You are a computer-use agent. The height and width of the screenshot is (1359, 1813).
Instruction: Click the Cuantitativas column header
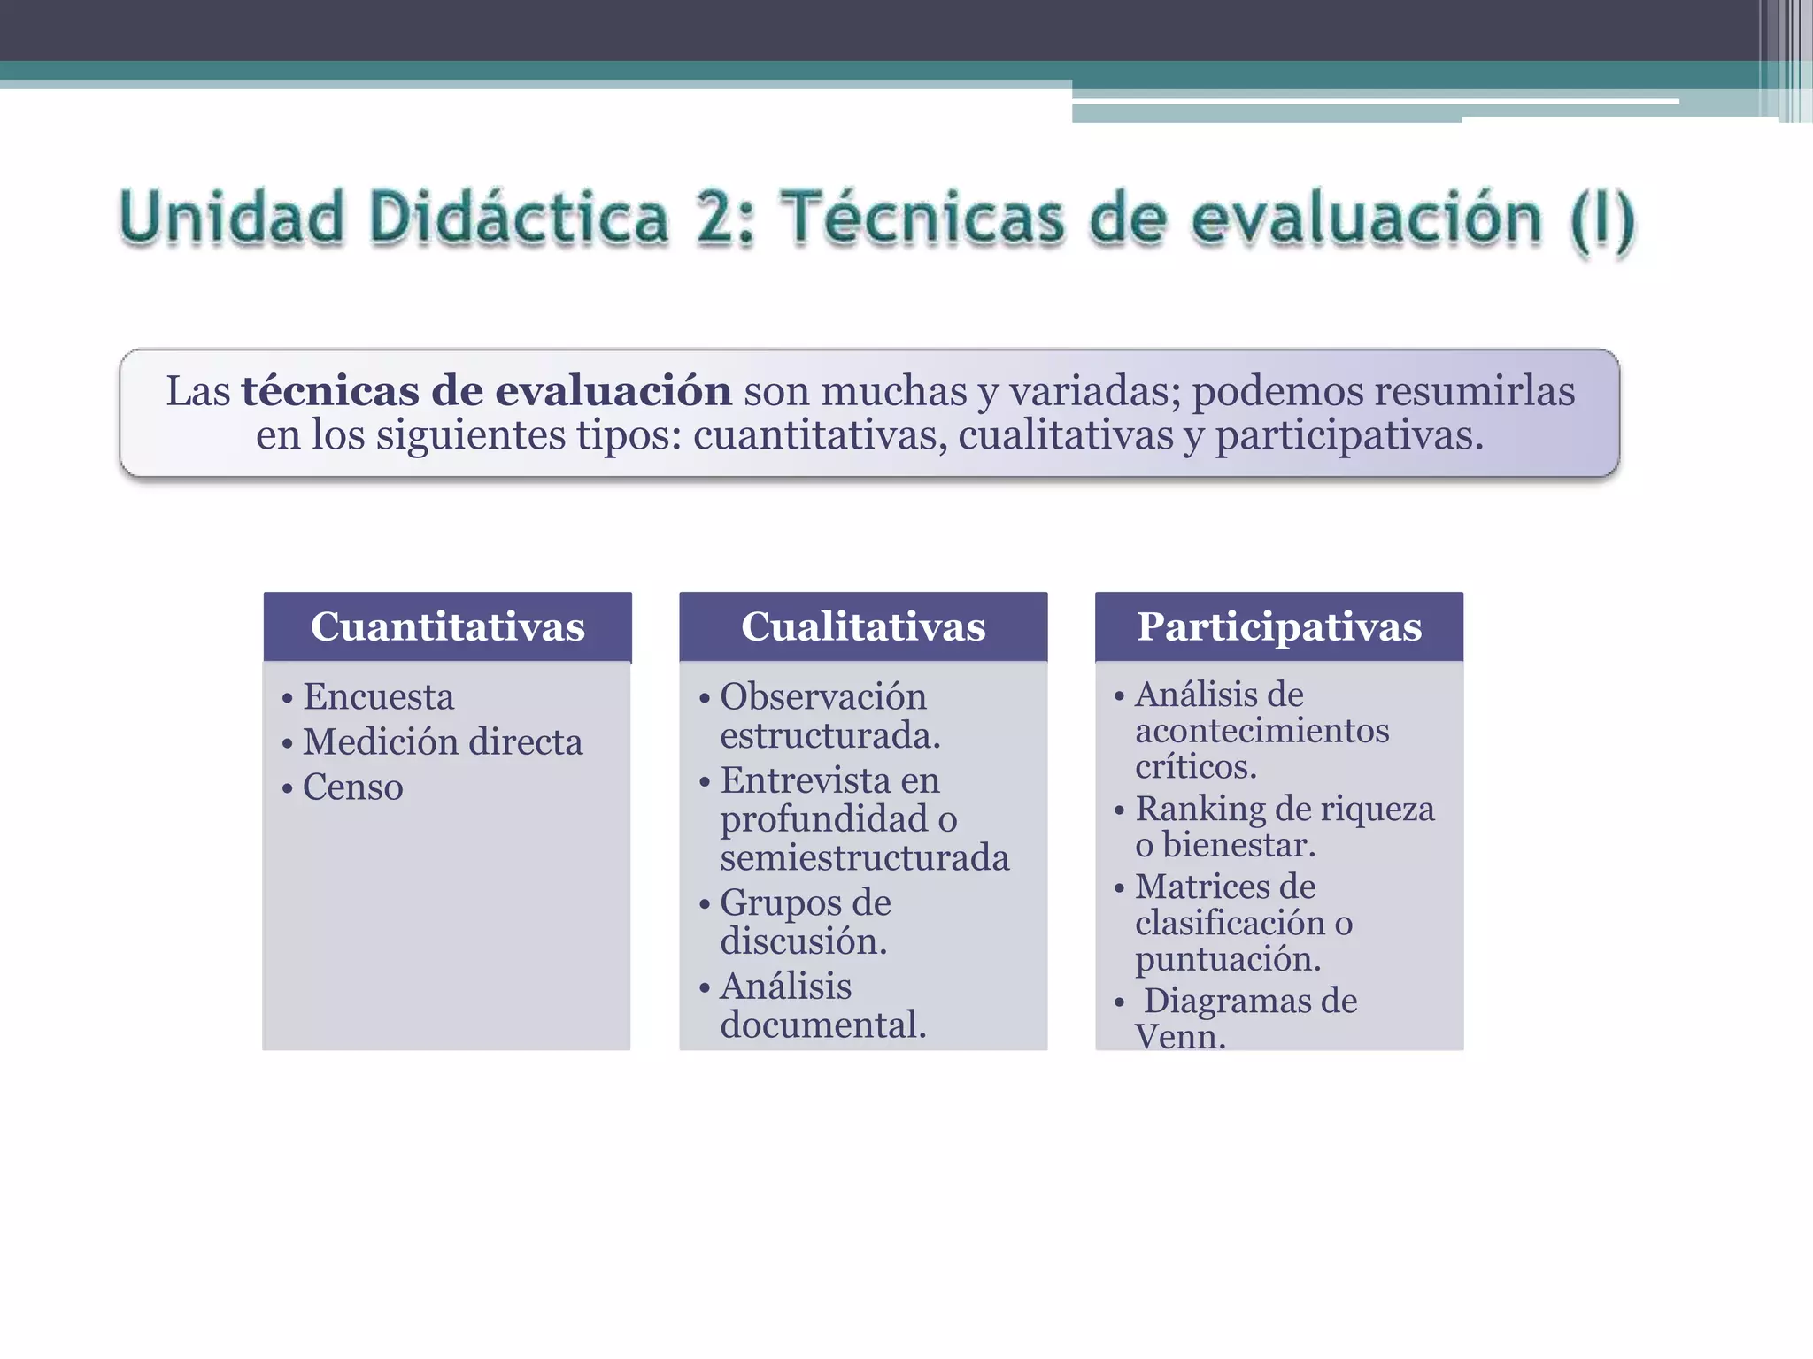[x=447, y=626]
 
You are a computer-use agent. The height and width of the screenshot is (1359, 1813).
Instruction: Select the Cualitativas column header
[x=863, y=626]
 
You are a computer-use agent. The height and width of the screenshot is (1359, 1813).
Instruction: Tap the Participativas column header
[x=1279, y=626]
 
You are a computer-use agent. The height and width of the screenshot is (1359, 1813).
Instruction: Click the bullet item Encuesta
[x=378, y=697]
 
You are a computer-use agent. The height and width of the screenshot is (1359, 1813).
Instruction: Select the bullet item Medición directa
[x=443, y=742]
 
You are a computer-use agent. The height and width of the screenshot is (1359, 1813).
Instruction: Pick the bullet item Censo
[x=352, y=787]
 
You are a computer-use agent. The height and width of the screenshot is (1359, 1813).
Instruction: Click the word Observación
[x=822, y=697]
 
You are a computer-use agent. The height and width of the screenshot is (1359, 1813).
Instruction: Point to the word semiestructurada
[x=864, y=857]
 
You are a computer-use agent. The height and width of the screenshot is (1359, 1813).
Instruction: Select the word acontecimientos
[x=1261, y=731]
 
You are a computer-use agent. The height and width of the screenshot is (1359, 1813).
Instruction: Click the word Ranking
[x=1200, y=809]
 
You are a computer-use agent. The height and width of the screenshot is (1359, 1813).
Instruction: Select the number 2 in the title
[x=721, y=218]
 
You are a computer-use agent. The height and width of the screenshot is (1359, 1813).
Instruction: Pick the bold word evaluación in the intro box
[x=613, y=391]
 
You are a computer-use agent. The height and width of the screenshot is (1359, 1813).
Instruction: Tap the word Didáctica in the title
[x=518, y=218]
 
